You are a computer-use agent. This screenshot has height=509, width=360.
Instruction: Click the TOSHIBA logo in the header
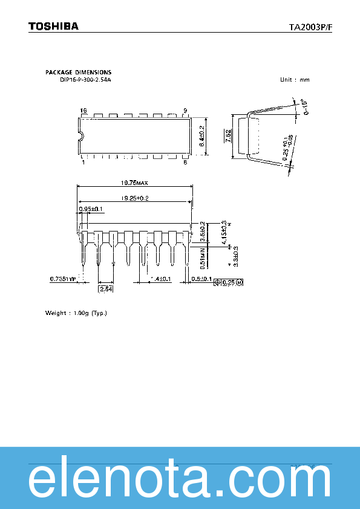(54, 27)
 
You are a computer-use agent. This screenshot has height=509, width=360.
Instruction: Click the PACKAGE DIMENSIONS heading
(78, 73)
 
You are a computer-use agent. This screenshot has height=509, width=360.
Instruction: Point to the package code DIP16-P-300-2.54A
(85, 80)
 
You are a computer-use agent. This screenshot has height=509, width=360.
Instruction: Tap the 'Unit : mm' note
(295, 80)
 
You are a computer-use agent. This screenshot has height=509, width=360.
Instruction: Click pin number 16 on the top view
(83, 111)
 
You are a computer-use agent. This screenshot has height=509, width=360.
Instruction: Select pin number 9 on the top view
(185, 111)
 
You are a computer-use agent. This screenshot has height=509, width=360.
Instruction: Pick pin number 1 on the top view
(83, 162)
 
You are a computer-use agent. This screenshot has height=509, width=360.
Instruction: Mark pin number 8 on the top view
(185, 162)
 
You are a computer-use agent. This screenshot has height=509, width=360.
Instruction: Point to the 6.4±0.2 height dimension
(202, 137)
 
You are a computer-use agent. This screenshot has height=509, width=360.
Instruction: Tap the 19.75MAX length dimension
(134, 183)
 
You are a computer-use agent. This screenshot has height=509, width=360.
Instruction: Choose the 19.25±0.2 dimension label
(134, 198)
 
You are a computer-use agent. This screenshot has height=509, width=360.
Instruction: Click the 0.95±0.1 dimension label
(91, 209)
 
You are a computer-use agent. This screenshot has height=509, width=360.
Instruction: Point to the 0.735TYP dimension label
(63, 279)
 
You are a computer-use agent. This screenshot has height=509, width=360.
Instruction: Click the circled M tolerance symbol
(239, 282)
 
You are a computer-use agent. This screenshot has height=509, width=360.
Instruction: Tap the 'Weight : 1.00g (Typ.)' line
(76, 313)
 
